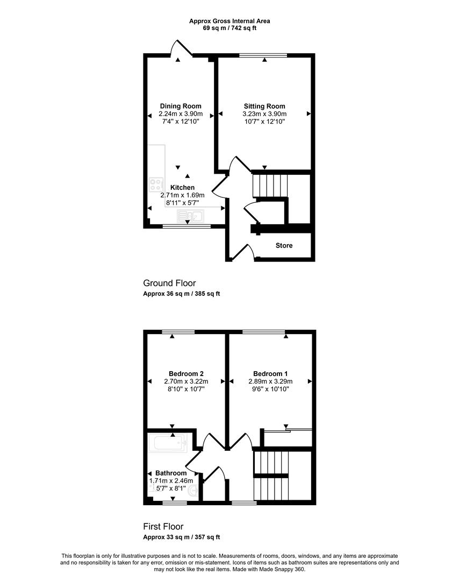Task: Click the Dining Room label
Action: [181, 106]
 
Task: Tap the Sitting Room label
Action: [264, 106]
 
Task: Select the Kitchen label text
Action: [183, 188]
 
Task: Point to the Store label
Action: [284, 245]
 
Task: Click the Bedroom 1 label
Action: [270, 373]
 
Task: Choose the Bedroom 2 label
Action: [186, 373]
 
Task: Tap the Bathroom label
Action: [171, 473]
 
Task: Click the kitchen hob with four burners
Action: [156, 185]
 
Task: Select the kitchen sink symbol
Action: [191, 216]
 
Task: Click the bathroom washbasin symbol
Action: [193, 491]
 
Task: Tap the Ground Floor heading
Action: [169, 283]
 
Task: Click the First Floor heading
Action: [163, 527]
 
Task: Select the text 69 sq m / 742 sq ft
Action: [230, 28]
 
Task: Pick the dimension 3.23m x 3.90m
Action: [264, 114]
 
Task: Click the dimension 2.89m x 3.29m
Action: [270, 381]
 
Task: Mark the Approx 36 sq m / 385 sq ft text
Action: [181, 294]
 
